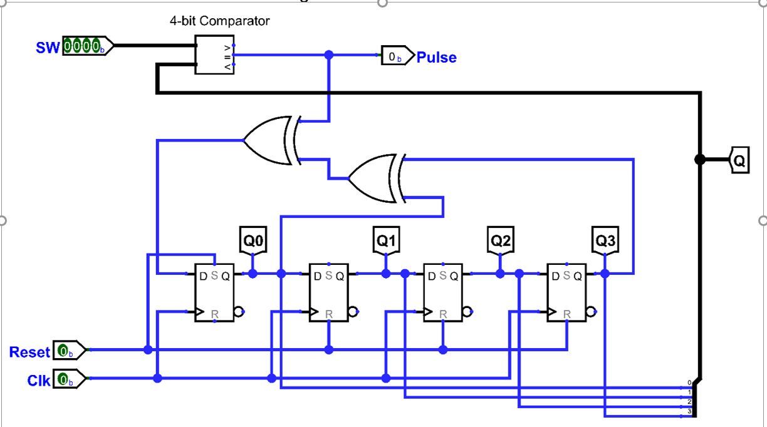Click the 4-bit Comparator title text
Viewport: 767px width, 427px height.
point(219,21)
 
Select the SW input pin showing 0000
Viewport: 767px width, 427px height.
point(88,46)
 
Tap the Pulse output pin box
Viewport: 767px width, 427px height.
point(398,56)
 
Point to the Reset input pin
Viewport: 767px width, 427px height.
point(69,350)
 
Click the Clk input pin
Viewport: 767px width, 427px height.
point(69,379)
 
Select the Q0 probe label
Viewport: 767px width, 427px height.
point(253,240)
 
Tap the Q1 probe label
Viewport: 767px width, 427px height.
point(386,240)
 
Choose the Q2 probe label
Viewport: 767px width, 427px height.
point(501,240)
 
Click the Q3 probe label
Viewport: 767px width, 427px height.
point(605,240)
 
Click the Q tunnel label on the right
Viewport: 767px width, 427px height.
point(739,160)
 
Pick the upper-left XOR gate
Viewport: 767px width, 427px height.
point(272,140)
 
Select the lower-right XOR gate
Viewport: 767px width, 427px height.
point(377,178)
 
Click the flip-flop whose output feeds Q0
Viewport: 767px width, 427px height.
point(214,292)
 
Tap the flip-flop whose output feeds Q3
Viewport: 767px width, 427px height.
point(566,292)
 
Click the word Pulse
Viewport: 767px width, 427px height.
point(437,57)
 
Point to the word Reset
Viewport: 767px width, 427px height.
point(30,352)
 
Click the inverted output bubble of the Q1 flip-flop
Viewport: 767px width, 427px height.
point(353,312)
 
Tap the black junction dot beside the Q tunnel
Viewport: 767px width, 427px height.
point(700,160)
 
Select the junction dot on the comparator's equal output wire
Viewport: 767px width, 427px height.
point(329,54)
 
